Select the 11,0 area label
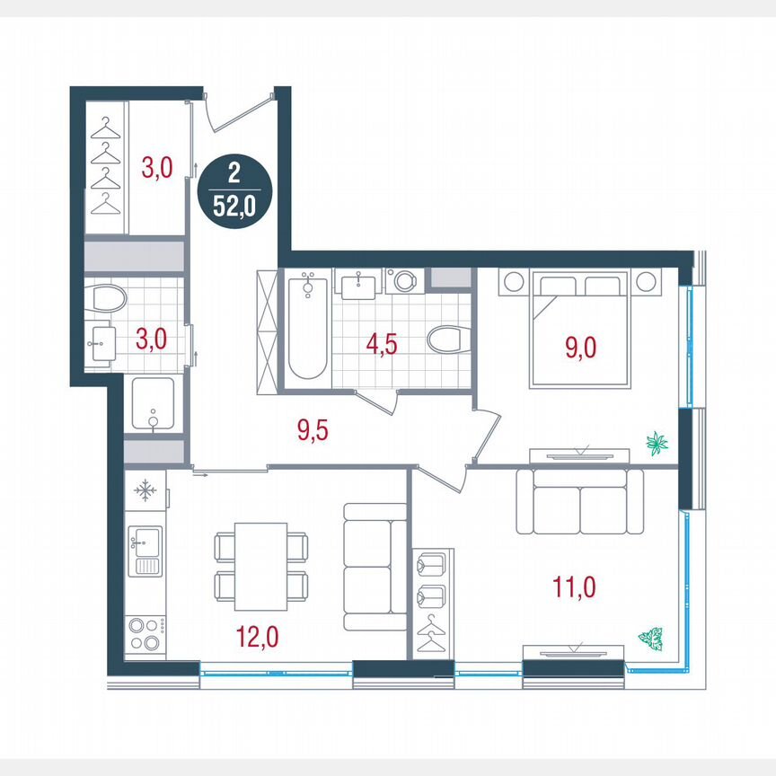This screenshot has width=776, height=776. tap(575, 588)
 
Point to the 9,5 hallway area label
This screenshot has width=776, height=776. tap(313, 430)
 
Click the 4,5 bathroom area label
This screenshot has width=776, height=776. tap(381, 345)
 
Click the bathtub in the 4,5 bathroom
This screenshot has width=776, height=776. tap(307, 328)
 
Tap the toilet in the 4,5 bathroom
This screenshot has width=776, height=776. tap(446, 340)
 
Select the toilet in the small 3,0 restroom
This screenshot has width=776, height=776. tap(109, 299)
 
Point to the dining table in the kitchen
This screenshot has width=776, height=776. tap(261, 568)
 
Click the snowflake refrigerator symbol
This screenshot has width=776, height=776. tap(145, 491)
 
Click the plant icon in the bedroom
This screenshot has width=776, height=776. tap(657, 441)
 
